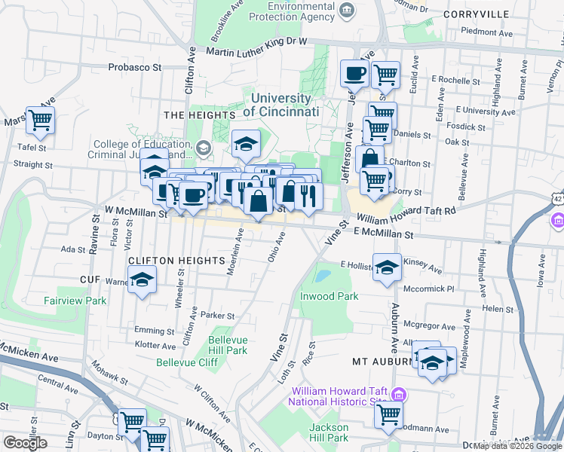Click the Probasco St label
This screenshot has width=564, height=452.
point(136,67)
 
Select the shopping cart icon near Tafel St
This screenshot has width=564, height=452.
point(40,120)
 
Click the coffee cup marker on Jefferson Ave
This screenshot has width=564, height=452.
point(354,74)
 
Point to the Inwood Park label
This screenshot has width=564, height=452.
point(330,296)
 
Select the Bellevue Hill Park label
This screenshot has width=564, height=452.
point(227,345)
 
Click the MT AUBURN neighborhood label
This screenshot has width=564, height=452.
point(381,362)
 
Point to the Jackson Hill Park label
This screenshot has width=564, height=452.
point(328,432)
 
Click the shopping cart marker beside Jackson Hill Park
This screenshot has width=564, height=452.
point(388,414)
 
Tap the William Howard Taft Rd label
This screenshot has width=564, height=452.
point(406,215)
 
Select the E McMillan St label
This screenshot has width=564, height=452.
point(384,235)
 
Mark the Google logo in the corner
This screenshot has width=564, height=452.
point(25,443)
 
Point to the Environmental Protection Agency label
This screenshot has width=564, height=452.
point(291,11)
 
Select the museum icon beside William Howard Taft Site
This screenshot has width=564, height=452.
point(400,395)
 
